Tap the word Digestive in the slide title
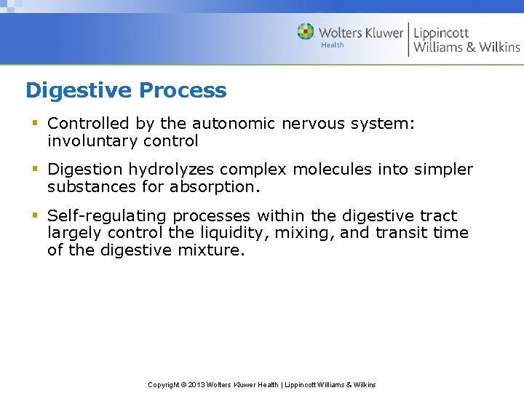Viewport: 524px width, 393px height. tap(79, 91)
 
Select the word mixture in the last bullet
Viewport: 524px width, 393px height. tap(210, 250)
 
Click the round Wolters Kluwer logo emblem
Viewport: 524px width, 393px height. tap(306, 32)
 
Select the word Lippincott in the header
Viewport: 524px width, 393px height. tap(441, 33)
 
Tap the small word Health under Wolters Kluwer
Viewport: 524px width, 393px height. tap(333, 45)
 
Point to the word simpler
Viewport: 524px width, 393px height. tap(443, 170)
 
